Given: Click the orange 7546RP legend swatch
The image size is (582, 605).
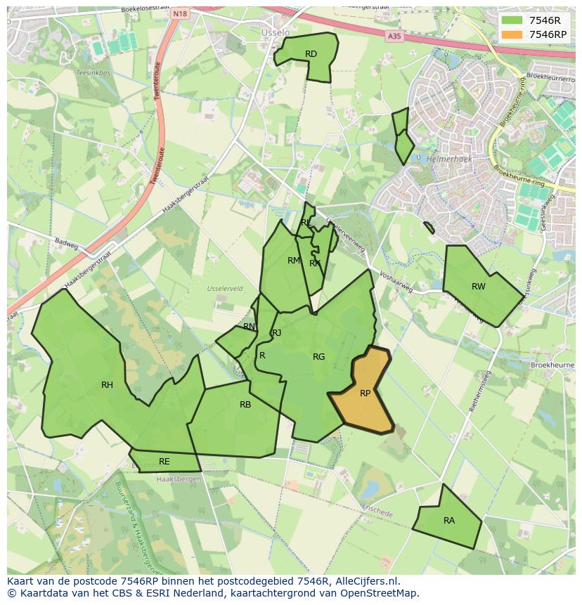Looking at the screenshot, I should (513, 34).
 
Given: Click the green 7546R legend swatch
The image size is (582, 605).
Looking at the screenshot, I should (513, 20).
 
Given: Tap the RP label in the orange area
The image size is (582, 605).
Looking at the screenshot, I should (365, 393).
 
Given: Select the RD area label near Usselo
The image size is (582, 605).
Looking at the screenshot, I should (311, 54).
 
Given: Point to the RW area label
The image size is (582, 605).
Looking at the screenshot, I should (479, 286).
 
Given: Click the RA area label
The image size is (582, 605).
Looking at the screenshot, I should (449, 521).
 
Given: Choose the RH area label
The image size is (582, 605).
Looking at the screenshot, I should (107, 384).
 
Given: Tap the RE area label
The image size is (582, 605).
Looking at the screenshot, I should (164, 462).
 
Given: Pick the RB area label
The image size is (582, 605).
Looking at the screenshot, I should (245, 404).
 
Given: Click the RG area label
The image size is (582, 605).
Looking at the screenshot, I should (318, 357).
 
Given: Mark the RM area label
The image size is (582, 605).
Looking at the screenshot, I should (294, 261).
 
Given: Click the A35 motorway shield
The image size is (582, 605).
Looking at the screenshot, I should (394, 36).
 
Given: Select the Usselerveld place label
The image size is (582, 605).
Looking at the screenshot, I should (225, 289).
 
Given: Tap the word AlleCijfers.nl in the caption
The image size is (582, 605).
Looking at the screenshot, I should (368, 582).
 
